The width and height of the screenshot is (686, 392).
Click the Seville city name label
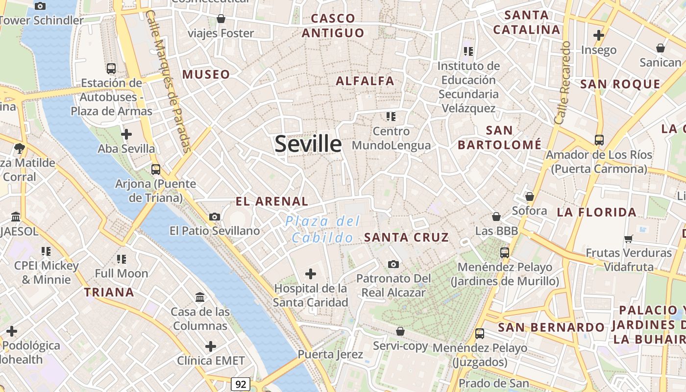[308, 144]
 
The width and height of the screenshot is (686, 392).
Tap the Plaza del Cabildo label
[323, 229]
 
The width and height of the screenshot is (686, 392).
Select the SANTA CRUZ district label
[406, 238]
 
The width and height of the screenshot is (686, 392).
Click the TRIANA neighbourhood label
[109, 293]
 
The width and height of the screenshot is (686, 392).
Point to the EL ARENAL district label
[272, 201]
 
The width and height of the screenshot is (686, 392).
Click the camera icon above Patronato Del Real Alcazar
[393, 265]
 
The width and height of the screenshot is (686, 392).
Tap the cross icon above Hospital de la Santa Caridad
[311, 273]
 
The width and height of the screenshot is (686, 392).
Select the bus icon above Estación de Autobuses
[111, 69]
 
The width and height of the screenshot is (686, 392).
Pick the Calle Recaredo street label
[563, 82]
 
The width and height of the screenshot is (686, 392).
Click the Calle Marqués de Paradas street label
[168, 81]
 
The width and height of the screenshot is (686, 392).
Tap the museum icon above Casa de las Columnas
[200, 297]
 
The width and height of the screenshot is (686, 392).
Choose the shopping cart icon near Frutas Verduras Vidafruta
[629, 239]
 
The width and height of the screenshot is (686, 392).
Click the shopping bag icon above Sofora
[529, 196]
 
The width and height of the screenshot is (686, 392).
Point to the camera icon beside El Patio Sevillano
[214, 217]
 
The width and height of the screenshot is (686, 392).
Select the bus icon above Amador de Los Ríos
[599, 140]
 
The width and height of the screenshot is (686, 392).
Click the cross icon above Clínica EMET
[211, 346]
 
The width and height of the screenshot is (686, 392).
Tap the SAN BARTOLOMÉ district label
[499, 138]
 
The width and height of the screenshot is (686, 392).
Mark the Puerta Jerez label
[330, 354]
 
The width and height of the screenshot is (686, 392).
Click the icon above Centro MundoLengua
[391, 117]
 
